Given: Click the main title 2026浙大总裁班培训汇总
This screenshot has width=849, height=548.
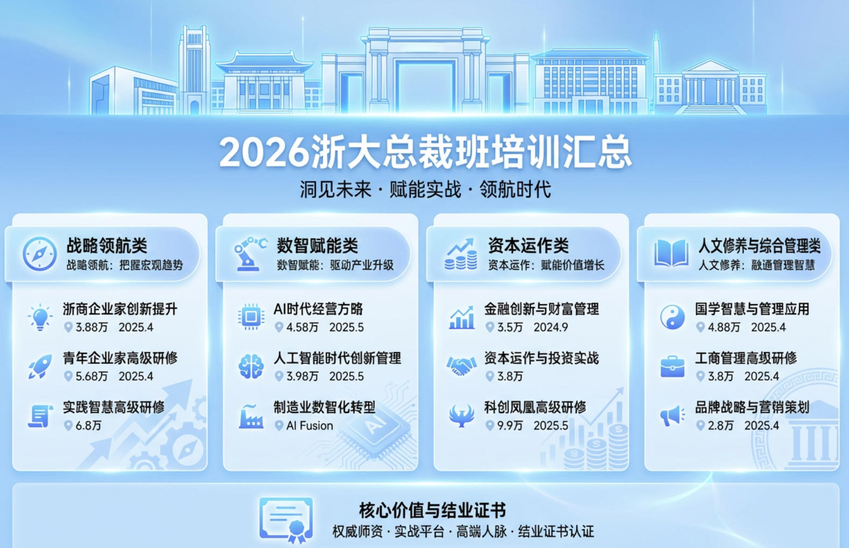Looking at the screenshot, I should tap(425, 152).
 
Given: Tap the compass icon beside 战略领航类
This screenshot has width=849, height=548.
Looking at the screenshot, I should tap(40, 254).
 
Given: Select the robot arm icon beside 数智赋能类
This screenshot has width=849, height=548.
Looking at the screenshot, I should tap(249, 254).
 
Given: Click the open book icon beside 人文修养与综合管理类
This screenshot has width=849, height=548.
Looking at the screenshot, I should tap(671, 254).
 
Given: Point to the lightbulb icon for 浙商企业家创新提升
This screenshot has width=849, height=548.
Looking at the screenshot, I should tap(40, 317).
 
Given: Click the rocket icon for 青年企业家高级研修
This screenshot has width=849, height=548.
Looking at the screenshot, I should tap(40, 367).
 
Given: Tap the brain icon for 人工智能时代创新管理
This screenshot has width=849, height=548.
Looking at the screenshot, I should tap(251, 367).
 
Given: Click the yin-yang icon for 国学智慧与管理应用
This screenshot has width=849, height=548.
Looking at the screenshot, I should tap(672, 317).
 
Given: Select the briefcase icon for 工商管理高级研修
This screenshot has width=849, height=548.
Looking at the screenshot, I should tap(672, 367).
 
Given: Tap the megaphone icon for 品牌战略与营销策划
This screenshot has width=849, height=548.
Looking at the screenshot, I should tap(672, 416).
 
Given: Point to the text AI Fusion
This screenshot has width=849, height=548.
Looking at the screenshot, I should tap(309, 426).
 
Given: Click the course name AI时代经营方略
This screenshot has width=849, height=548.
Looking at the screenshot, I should tap(318, 309).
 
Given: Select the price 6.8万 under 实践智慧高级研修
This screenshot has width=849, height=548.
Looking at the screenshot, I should tap(88, 426).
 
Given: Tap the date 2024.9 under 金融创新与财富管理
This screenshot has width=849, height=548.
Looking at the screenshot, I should tap(550, 327).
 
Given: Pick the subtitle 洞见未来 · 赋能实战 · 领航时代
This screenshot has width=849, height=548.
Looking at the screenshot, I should tap(425, 189).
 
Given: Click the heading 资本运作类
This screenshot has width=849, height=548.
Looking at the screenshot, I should tap(528, 246).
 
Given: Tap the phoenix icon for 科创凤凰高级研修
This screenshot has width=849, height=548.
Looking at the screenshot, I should tap(461, 416).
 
